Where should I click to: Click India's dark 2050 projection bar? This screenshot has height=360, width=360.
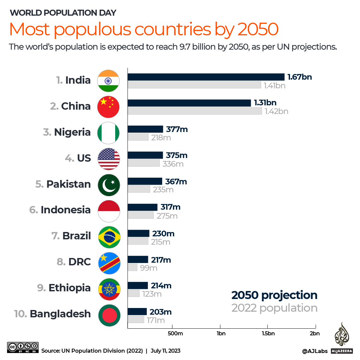coord(206,77)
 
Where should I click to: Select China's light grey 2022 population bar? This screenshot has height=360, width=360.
coord(194,111)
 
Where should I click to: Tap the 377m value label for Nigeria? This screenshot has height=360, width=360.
coord(177,129)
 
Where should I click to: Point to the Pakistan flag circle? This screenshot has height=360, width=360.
coord(109,184)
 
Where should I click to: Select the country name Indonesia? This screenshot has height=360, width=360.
coord(66,210)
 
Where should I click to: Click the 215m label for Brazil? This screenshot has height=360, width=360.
coord(161,242)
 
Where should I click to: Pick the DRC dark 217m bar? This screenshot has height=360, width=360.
coord(138,260)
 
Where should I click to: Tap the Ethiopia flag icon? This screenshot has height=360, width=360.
coord(109,288)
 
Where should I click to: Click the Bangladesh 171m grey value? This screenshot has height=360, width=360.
coord(156,320)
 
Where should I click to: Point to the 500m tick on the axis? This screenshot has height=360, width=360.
coord(175,334)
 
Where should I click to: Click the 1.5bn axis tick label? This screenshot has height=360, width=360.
coord(268,334)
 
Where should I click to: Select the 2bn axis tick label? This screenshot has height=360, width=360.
coord(314,334)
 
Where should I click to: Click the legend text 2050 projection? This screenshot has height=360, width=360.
coord(274,295)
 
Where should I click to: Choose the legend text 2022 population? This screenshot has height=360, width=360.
coord(274,308)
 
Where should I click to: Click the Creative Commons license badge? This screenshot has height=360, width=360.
coord(23,347)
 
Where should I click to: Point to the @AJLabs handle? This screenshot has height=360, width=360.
coord(315,351)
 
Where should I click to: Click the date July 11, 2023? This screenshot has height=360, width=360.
coord(166,351)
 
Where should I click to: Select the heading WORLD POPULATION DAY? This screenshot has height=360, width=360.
coord(63,13)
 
